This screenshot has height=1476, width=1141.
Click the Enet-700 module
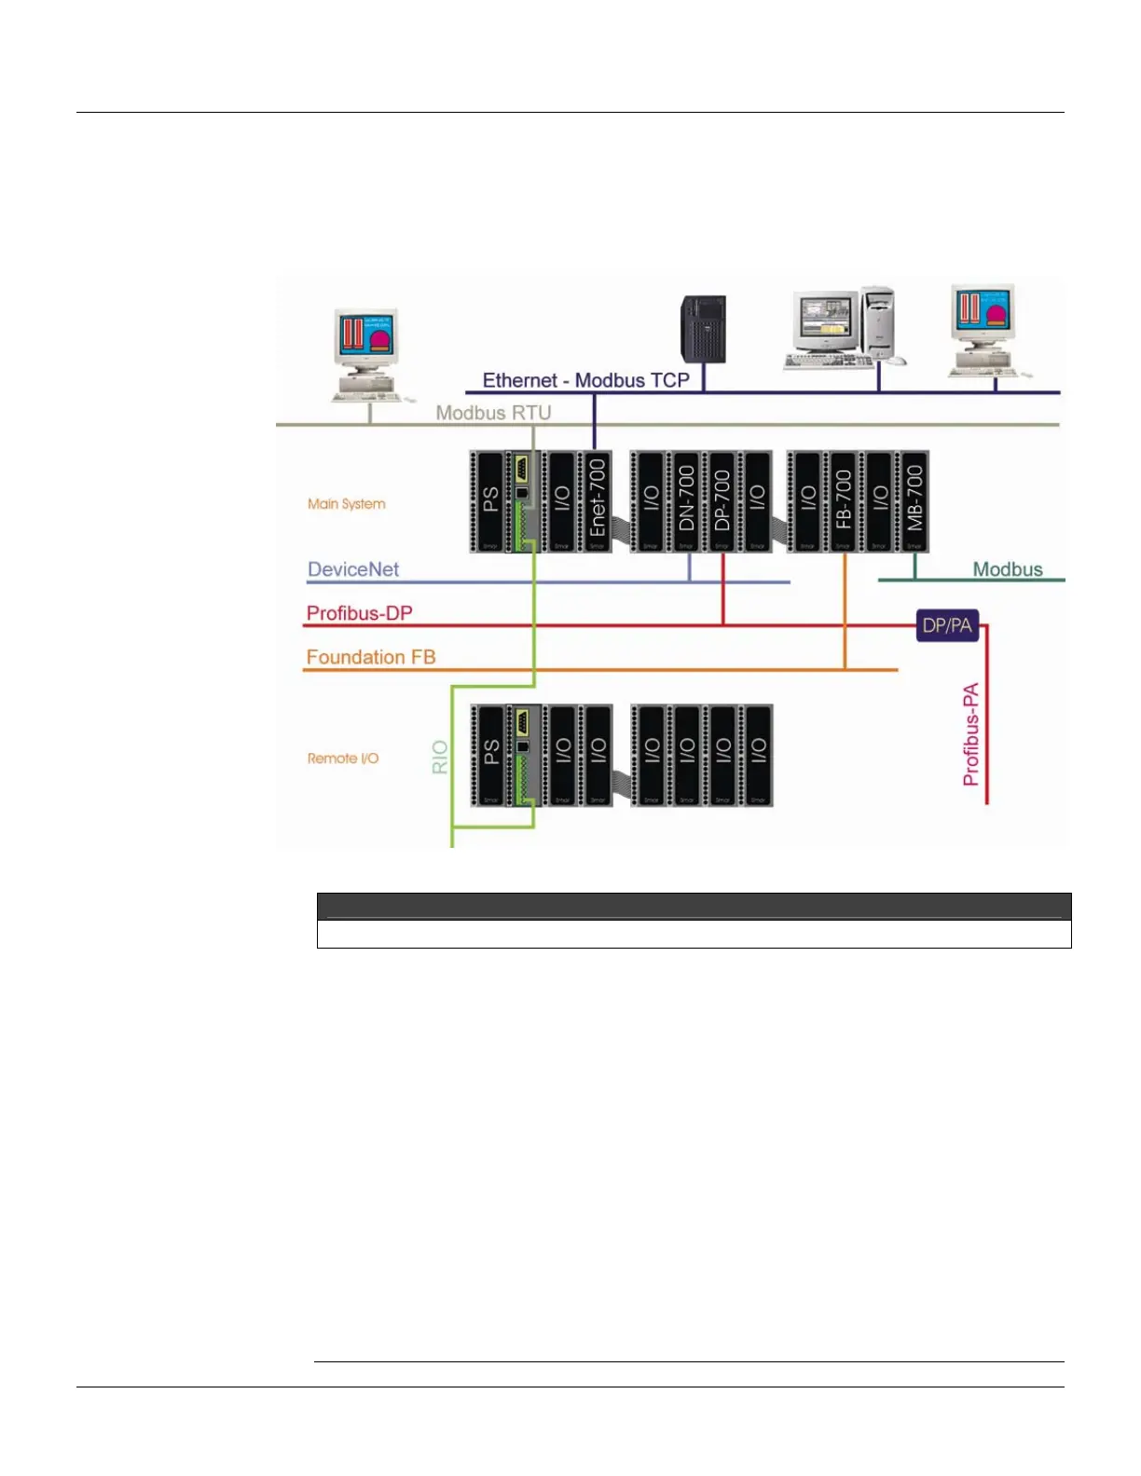(x=597, y=500)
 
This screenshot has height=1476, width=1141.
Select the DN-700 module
(x=686, y=500)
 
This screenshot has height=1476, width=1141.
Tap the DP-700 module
(x=722, y=500)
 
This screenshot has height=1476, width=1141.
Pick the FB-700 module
(x=844, y=500)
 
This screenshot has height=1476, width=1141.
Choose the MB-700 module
(x=914, y=500)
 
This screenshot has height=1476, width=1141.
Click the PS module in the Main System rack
(x=490, y=500)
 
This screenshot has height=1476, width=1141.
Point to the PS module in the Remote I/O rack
(x=490, y=755)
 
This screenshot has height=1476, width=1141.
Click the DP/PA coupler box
(x=947, y=626)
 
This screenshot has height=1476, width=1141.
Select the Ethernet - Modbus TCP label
(x=585, y=380)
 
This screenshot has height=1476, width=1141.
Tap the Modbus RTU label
(x=493, y=413)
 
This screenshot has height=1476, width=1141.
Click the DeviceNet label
(x=353, y=569)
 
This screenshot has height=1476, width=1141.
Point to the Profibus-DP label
(x=360, y=613)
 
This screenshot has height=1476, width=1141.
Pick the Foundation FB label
(x=371, y=657)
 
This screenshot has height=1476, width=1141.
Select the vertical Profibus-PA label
(x=971, y=734)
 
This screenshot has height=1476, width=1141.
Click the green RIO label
(x=440, y=758)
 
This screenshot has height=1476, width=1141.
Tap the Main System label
(x=347, y=504)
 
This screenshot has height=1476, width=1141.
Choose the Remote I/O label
(x=343, y=758)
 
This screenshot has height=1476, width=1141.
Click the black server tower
(x=703, y=329)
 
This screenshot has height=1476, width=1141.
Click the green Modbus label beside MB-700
(x=1008, y=569)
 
